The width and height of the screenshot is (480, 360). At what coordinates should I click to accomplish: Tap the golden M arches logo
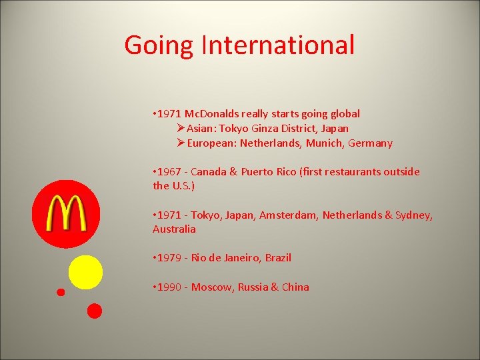pos(66,213)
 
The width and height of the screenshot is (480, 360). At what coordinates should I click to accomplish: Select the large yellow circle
pos(86,273)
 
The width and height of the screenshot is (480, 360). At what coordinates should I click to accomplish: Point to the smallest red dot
pos(61,292)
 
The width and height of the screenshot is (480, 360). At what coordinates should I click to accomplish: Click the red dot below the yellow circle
pos(95,311)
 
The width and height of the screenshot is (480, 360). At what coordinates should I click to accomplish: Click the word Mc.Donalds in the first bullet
pos(212,113)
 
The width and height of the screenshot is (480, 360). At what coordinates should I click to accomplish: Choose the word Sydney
pos(413,215)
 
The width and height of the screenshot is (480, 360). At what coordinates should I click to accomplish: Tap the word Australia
pos(174,229)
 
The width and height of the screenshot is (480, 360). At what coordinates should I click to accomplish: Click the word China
pos(295,287)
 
